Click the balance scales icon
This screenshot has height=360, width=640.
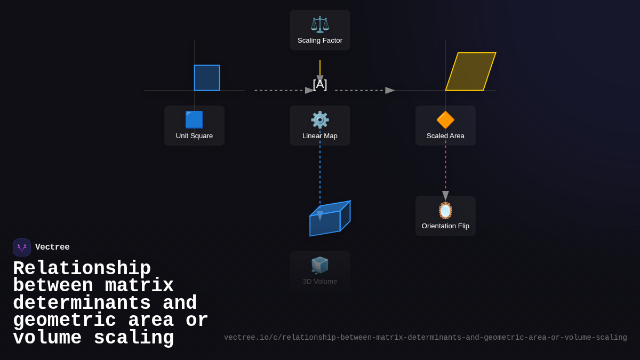[319, 25]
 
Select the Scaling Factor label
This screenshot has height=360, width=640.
[319, 41]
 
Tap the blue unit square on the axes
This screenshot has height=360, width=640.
[207, 78]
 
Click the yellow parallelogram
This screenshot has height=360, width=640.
[470, 71]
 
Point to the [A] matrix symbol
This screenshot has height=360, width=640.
[319, 84]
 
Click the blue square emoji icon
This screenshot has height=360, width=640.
[194, 119]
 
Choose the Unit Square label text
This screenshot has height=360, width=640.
[194, 135]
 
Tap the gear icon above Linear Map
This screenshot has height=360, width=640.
[319, 119]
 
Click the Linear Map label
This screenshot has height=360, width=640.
[319, 135]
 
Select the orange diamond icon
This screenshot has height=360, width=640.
[445, 119]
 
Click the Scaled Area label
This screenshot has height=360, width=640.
[445, 135]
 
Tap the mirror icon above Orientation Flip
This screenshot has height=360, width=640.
[445, 210]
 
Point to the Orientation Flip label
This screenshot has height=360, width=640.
[445, 226]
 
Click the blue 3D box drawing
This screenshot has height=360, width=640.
[330, 218]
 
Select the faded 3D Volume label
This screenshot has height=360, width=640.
[319, 282]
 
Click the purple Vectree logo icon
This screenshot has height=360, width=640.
[22, 247]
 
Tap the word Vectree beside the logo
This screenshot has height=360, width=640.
[52, 247]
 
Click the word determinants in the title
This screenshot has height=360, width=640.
[82, 303]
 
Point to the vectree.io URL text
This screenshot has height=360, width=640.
[426, 338]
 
